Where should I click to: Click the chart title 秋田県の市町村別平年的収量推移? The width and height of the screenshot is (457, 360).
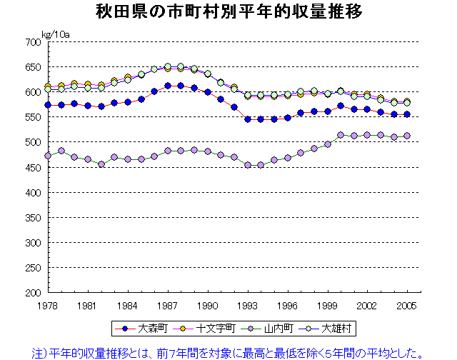[228, 13]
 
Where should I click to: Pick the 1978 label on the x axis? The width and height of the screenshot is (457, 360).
[48, 305]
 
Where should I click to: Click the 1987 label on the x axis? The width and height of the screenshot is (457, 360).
[168, 305]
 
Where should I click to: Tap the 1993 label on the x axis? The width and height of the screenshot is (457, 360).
[248, 305]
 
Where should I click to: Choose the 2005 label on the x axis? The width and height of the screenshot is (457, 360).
[407, 305]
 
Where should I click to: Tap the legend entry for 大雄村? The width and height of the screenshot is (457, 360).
[330, 328]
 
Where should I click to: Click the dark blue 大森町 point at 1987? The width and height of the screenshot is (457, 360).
[168, 86]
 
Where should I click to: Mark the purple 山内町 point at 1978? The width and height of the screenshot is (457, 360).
[48, 156]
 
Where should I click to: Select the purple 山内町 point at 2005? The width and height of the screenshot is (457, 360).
[407, 136]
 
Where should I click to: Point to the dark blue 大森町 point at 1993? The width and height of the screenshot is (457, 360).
[248, 119]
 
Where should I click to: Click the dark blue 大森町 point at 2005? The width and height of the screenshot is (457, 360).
[407, 114]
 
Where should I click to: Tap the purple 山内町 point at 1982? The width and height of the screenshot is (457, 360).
[101, 164]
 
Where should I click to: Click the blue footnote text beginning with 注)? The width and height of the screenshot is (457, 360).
[228, 351]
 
